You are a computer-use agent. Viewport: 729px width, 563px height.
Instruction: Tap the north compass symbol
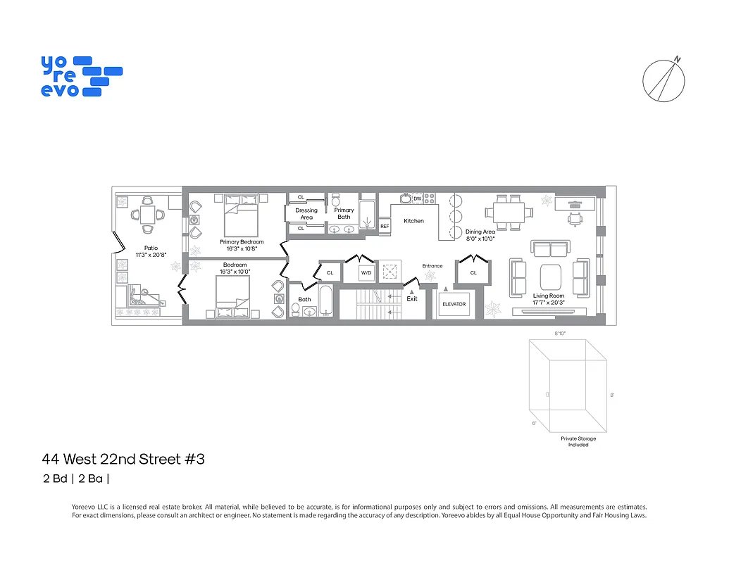(x=664, y=79)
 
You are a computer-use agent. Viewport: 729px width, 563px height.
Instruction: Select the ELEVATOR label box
(x=454, y=304)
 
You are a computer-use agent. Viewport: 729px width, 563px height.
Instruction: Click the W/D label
(x=366, y=272)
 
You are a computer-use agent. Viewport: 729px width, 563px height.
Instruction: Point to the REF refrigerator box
(x=385, y=226)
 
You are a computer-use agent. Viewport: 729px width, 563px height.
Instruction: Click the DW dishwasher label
(x=417, y=199)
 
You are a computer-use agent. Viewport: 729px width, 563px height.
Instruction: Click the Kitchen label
(x=413, y=221)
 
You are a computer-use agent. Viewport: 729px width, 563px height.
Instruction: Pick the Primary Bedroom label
(x=242, y=245)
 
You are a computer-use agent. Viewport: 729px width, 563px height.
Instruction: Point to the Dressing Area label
(x=306, y=214)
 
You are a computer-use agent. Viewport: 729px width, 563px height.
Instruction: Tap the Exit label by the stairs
(x=412, y=298)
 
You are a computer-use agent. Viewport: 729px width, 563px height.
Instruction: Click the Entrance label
(x=432, y=266)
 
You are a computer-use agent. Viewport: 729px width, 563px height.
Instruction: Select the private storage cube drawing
(x=568, y=386)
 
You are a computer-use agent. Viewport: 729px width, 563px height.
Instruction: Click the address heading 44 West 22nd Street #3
(x=123, y=460)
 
